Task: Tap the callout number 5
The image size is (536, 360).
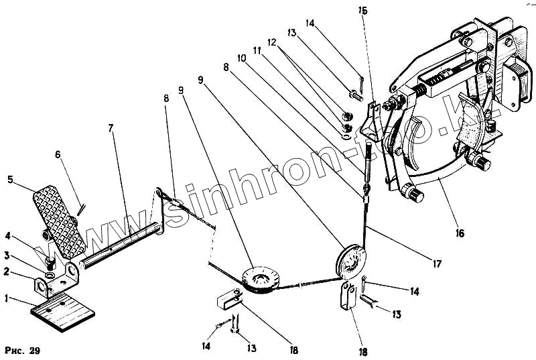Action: [11, 179]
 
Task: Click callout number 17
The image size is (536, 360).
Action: [436, 264]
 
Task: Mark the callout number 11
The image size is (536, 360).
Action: [256, 50]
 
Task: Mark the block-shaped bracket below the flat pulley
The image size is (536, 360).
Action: [228, 298]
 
